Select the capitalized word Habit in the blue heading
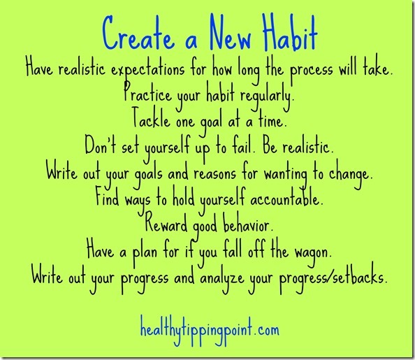tap(290, 33)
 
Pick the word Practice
tap(147, 93)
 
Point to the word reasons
tap(214, 175)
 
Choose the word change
tap(351, 175)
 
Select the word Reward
tap(166, 224)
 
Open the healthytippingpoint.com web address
tap(210, 330)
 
